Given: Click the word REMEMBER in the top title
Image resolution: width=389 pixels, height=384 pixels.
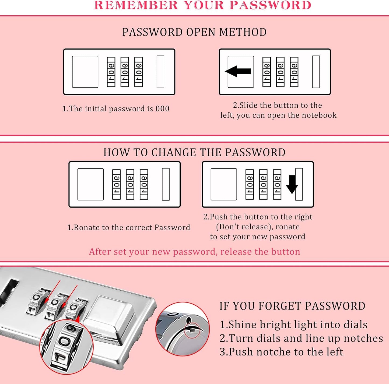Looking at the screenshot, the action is [136, 5].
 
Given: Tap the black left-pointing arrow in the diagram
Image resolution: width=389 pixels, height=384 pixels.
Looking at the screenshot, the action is [238, 71].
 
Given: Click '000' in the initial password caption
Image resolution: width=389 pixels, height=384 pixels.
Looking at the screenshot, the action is [162, 109].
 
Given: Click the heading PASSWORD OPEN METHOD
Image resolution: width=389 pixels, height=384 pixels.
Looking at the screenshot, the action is [194, 32].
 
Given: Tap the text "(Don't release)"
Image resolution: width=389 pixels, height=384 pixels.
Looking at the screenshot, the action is [243, 227].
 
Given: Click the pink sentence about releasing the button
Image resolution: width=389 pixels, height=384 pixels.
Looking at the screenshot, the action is [195, 252].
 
